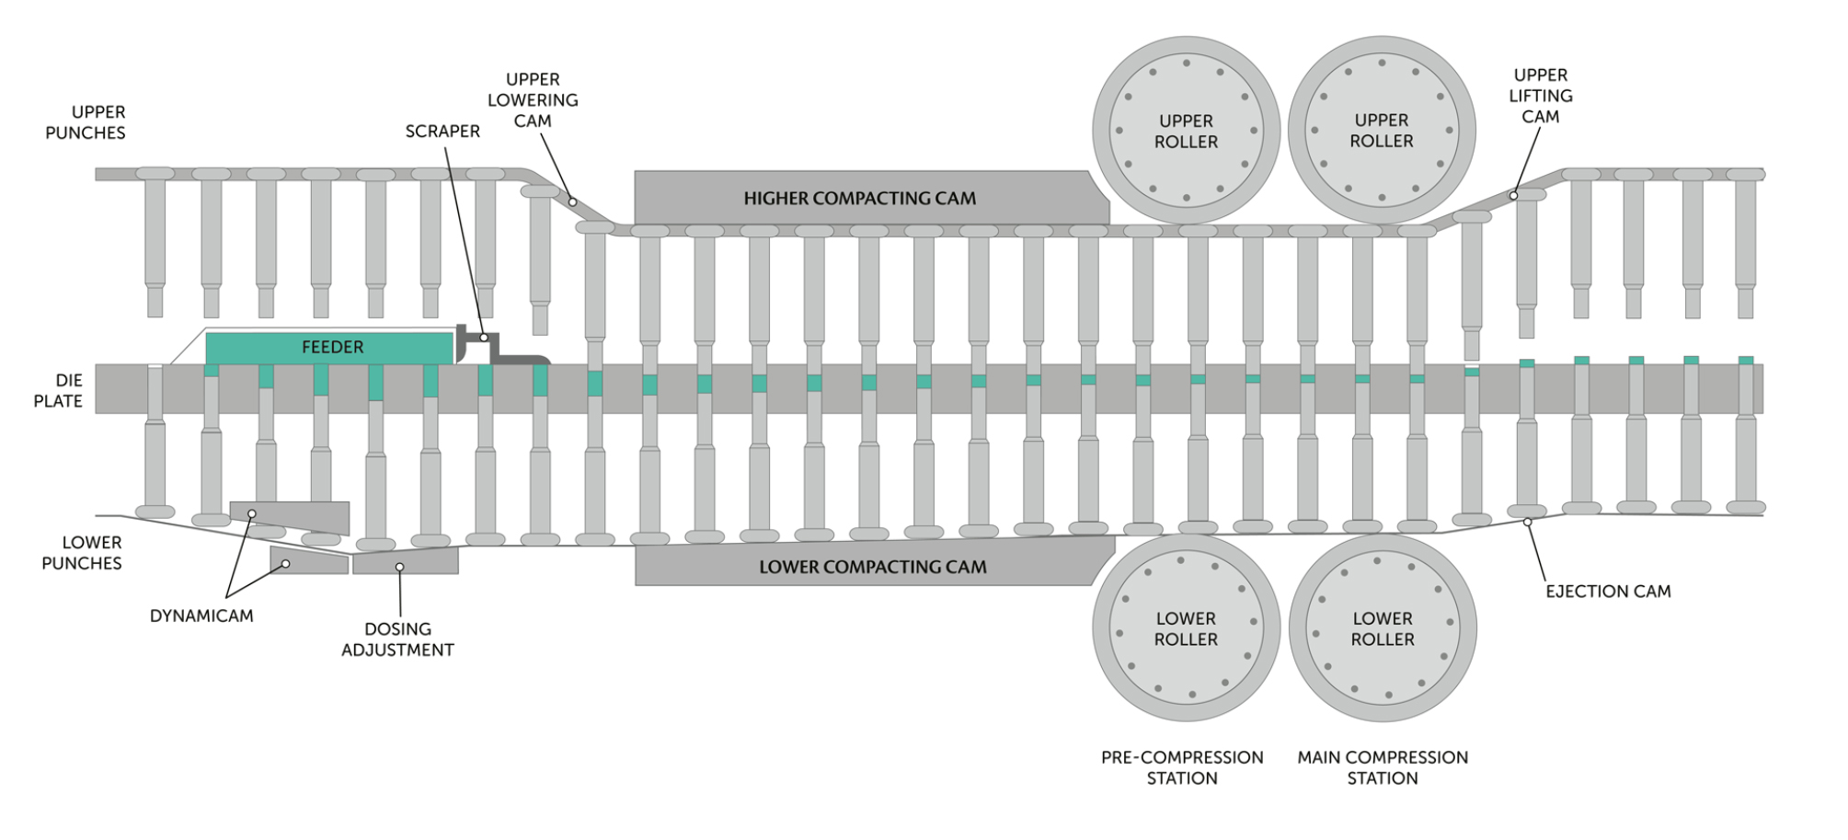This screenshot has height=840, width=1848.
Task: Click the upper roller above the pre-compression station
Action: click(x=1186, y=130)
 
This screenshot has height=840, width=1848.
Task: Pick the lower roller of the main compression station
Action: click(x=1383, y=628)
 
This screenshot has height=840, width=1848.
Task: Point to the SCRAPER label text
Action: click(x=442, y=132)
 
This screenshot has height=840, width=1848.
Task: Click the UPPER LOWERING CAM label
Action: click(x=533, y=100)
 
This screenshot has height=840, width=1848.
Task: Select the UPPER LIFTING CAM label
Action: click(x=1541, y=96)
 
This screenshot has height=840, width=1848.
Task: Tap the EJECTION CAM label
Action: click(x=1608, y=592)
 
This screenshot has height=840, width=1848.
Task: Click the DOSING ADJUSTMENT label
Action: click(x=397, y=639)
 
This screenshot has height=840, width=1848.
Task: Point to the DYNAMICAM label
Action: click(x=201, y=616)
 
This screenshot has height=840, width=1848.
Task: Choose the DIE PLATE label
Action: click(x=58, y=391)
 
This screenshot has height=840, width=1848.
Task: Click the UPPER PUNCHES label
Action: click(x=86, y=122)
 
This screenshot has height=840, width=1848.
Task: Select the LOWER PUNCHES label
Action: click(x=82, y=553)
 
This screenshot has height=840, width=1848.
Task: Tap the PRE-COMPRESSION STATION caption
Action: click(x=1182, y=767)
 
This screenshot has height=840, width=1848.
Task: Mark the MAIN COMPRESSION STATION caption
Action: click(x=1383, y=767)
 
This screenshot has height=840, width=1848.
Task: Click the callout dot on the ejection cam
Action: click(x=1527, y=523)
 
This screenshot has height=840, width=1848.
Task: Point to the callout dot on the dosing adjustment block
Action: click(x=399, y=567)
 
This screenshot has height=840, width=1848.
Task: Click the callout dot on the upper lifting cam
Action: click(x=1513, y=195)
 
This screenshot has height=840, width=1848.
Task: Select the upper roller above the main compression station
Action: click(x=1382, y=130)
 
